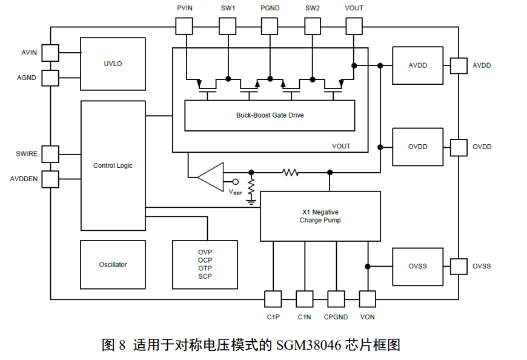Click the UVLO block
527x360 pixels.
[113, 64]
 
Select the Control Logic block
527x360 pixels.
[113, 165]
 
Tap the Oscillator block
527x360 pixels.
[113, 265]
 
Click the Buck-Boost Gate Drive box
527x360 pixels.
[270, 115]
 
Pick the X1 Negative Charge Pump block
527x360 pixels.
[320, 216]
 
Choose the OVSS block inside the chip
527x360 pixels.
[417, 266]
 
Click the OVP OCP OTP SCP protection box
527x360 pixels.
[205, 264]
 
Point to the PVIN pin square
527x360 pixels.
[185, 26]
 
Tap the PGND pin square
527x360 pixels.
[270, 26]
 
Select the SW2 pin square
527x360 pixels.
[312, 26]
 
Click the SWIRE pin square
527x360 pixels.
[50, 154]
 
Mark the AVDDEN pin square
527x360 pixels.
[50, 179]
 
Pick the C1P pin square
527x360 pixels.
[273, 299]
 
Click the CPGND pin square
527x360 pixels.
[336, 299]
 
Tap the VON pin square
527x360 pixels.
[368, 299]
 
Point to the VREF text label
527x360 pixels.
[235, 192]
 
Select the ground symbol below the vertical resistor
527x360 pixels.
[251, 202]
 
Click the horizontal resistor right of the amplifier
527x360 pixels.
[290, 173]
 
